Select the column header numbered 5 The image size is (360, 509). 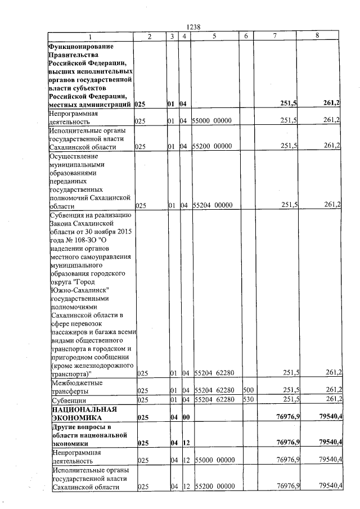pyautogui.click(x=214, y=36)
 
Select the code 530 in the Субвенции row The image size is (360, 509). pyautogui.click(x=247, y=400)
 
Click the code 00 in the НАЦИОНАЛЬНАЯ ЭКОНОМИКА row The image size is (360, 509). pyautogui.click(x=184, y=418)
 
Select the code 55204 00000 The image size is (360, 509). pyautogui.click(x=214, y=205)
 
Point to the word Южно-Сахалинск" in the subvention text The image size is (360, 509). pyautogui.click(x=78, y=290)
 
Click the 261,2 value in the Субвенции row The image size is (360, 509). pyautogui.click(x=331, y=400)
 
